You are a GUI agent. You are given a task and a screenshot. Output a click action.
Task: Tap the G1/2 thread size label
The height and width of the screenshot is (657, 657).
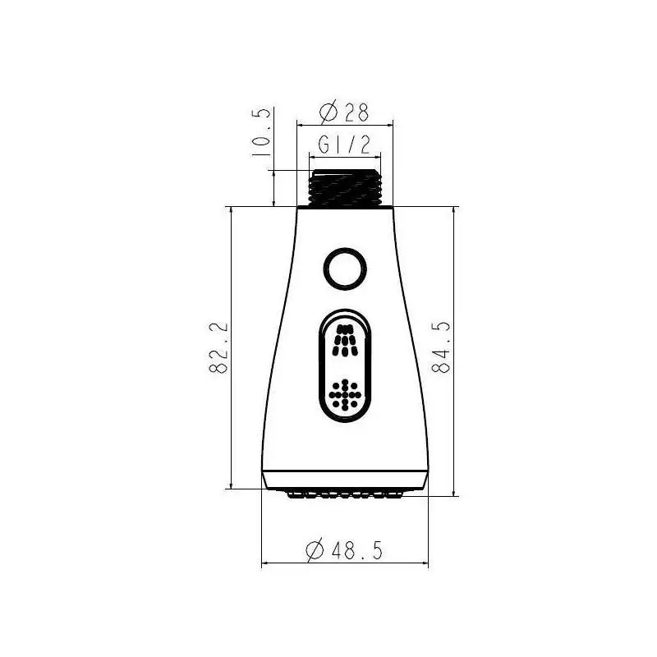point(344,145)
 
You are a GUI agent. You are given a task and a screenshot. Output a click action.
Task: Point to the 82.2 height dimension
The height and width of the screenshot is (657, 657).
point(218,349)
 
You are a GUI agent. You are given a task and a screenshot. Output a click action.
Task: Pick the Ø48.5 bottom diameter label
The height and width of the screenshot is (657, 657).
point(344,550)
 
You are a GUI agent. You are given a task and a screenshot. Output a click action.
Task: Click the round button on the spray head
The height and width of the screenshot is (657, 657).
point(344,268)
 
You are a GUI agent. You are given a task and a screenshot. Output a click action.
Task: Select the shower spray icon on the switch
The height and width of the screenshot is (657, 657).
point(345,338)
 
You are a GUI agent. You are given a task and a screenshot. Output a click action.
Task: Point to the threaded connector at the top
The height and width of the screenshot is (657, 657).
point(345,189)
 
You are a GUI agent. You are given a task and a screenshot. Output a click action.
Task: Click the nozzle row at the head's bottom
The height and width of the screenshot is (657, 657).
point(345,494)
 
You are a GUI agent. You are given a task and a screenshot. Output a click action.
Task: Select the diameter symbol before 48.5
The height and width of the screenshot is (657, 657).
point(314,550)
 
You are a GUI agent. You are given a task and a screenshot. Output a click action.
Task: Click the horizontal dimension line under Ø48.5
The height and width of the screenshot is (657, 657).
point(345,564)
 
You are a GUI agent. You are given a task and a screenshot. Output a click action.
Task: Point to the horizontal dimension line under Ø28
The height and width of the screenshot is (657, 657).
point(345,125)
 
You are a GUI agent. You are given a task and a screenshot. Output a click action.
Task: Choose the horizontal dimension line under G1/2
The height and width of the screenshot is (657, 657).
point(345,158)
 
